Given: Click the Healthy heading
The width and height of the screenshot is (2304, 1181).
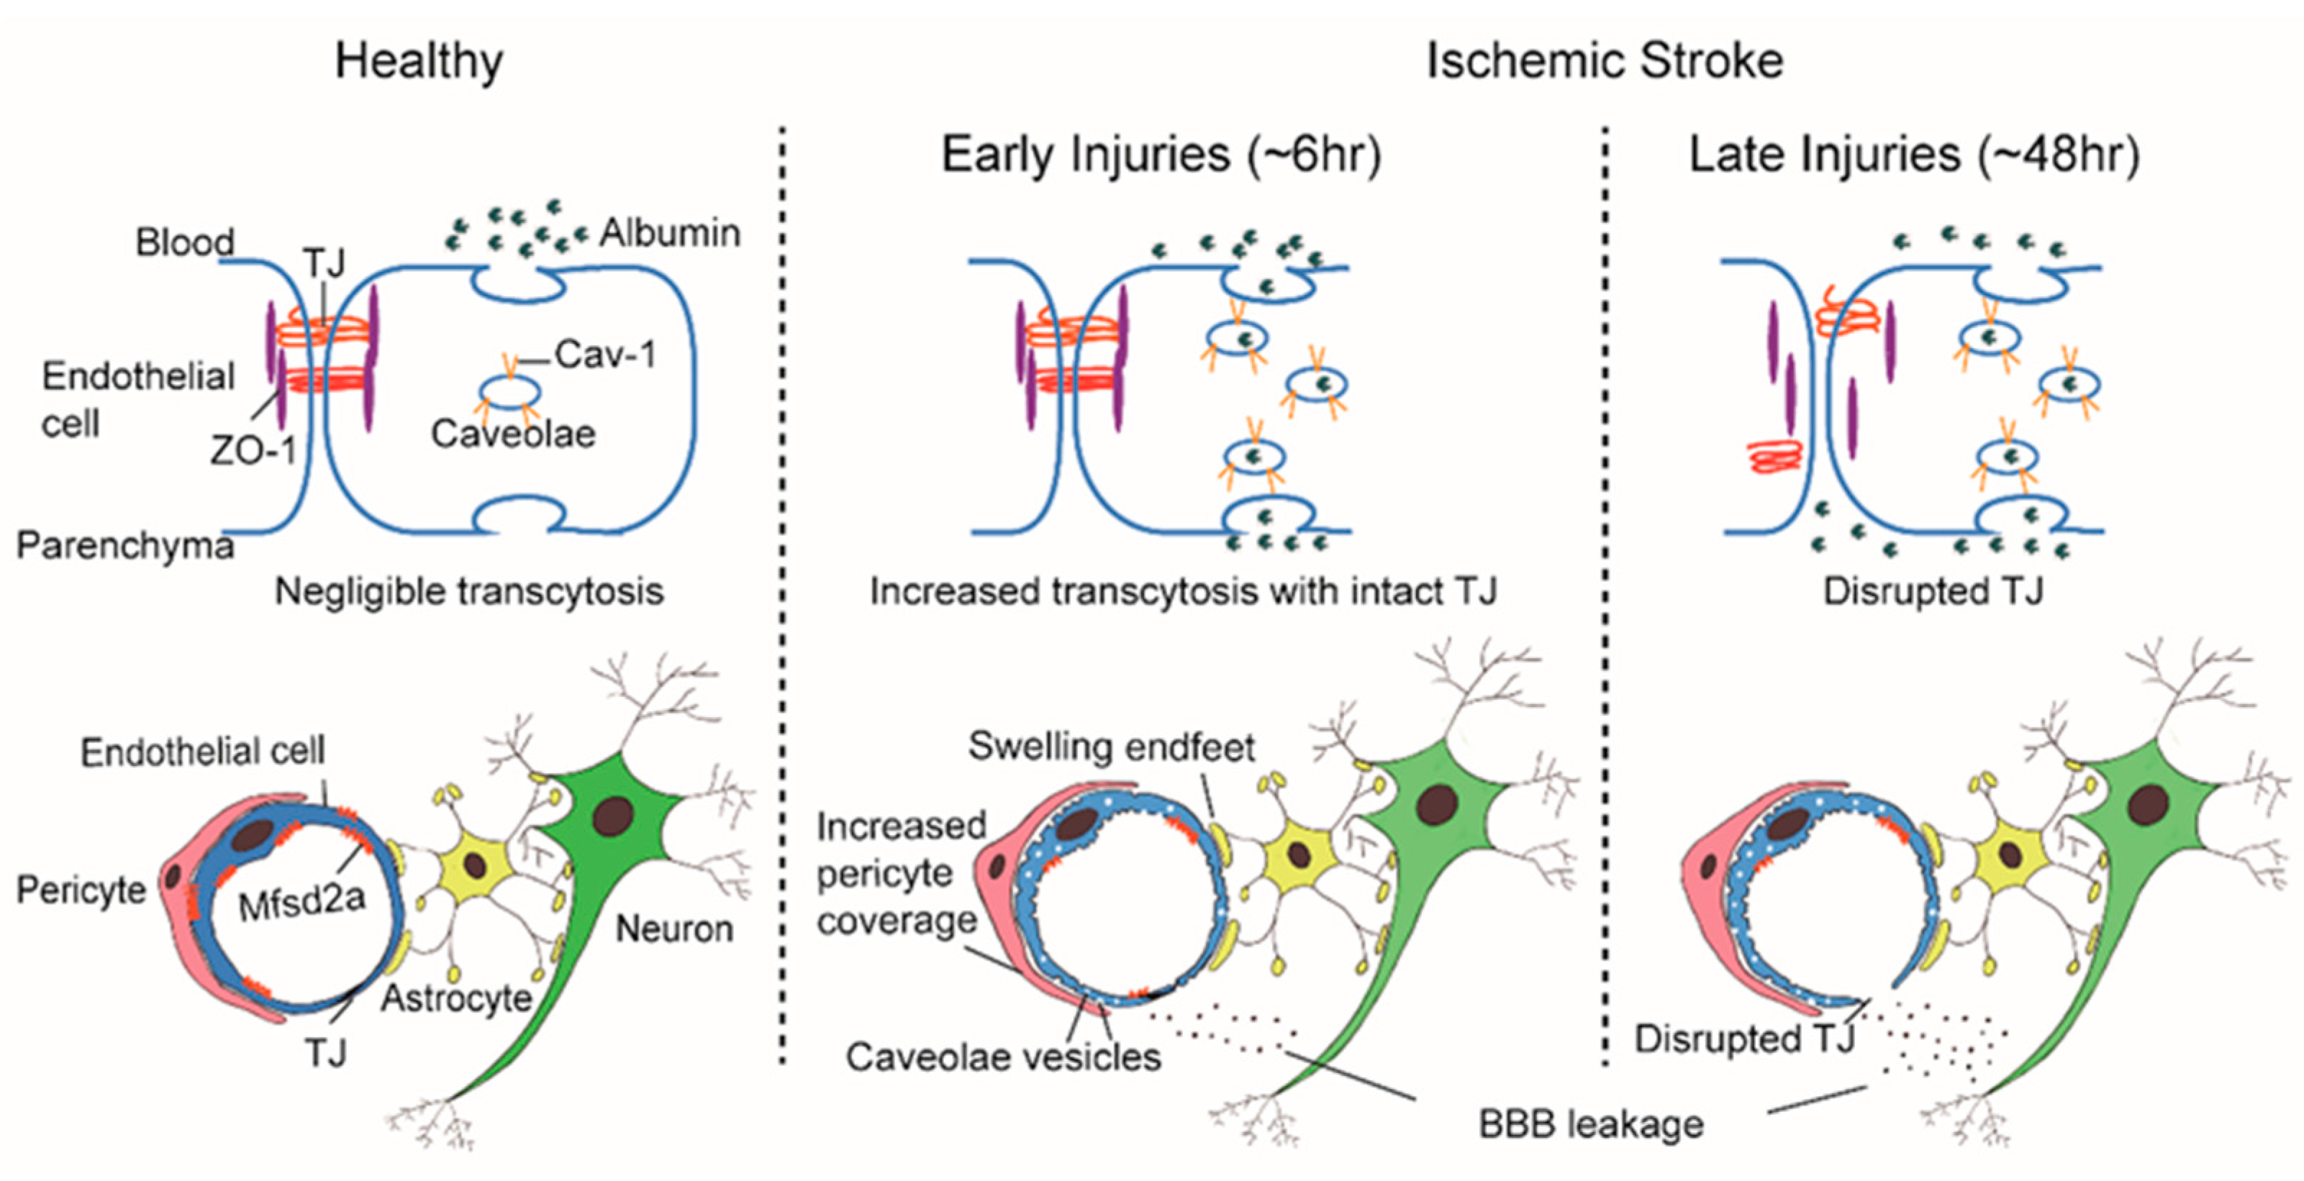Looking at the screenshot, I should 419,63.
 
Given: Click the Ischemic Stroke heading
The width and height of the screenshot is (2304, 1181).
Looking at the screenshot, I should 1604,63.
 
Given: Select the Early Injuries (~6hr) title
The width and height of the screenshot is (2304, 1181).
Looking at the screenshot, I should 1161,155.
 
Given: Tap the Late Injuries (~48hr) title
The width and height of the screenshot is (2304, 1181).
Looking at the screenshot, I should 1914,155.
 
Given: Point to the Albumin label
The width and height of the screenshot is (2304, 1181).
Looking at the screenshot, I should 669,233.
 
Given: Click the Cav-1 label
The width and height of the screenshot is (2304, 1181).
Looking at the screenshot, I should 606,355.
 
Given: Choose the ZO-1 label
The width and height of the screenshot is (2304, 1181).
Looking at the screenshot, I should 253,450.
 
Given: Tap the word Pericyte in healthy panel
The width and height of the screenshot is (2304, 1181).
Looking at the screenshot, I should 81,890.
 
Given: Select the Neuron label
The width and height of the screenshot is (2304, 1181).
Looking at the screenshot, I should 674,930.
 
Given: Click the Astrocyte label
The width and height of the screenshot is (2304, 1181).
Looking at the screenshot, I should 456,998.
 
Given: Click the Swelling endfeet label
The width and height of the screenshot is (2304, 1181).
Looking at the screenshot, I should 1111,747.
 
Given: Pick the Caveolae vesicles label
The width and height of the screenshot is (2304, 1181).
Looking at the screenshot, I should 1002,1057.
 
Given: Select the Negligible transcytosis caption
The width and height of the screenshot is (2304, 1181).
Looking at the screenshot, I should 468,592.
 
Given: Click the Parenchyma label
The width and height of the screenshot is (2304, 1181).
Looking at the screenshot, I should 125,545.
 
